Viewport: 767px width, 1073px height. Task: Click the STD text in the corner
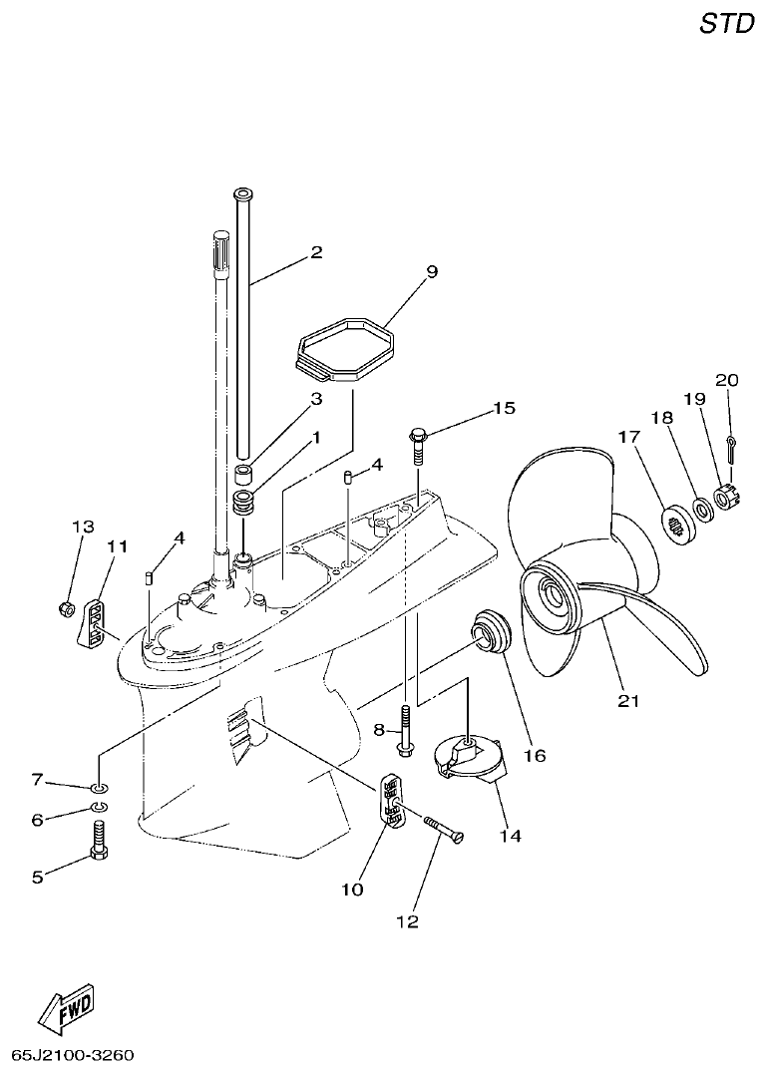click(726, 24)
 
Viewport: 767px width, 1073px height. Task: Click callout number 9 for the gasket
click(431, 271)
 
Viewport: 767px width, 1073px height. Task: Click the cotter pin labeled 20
click(731, 445)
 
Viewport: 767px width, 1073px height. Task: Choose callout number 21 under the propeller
click(626, 701)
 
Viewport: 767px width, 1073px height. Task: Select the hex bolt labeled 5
click(100, 841)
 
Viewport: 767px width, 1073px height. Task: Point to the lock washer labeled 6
click(100, 807)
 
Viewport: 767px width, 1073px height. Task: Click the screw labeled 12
click(444, 828)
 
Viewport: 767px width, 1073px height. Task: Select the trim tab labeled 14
click(469, 761)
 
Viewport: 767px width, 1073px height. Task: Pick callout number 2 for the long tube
click(316, 252)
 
